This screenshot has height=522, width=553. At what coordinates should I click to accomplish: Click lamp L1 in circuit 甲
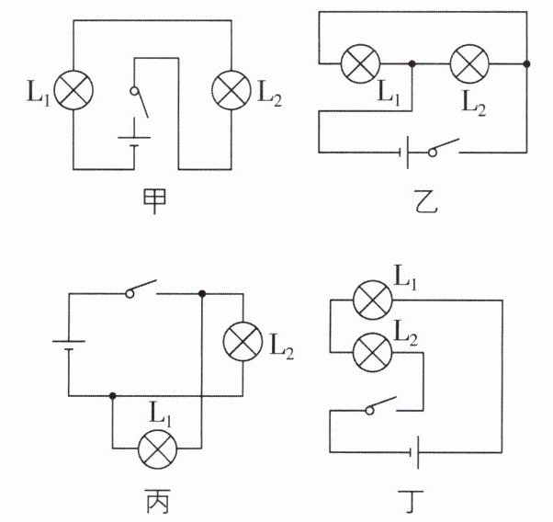point(73,90)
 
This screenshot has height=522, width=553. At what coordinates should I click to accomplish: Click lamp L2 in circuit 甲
point(231,90)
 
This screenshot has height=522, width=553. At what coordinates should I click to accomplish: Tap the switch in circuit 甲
point(139,102)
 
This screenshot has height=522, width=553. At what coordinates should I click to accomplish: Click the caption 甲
point(154,201)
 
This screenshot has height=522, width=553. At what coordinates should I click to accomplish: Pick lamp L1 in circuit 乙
point(360,64)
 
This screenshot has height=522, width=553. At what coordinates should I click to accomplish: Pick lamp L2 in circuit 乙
point(469,64)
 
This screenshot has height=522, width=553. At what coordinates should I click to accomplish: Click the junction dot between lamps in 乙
point(412,64)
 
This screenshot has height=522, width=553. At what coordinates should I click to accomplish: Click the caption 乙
point(425,201)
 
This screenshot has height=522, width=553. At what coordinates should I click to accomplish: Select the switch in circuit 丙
point(141,289)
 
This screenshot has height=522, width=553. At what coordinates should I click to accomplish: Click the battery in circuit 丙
point(69,345)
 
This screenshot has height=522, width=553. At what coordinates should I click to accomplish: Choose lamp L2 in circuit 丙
point(243,341)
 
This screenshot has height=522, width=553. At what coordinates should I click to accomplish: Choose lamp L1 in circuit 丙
point(157,449)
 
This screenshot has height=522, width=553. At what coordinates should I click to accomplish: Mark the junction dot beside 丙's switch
point(202,294)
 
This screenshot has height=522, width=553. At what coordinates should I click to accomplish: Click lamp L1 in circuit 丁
point(372,300)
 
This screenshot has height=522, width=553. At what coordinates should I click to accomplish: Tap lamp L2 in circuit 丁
point(372,352)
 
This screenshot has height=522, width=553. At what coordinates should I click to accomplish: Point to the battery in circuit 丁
point(414,452)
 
